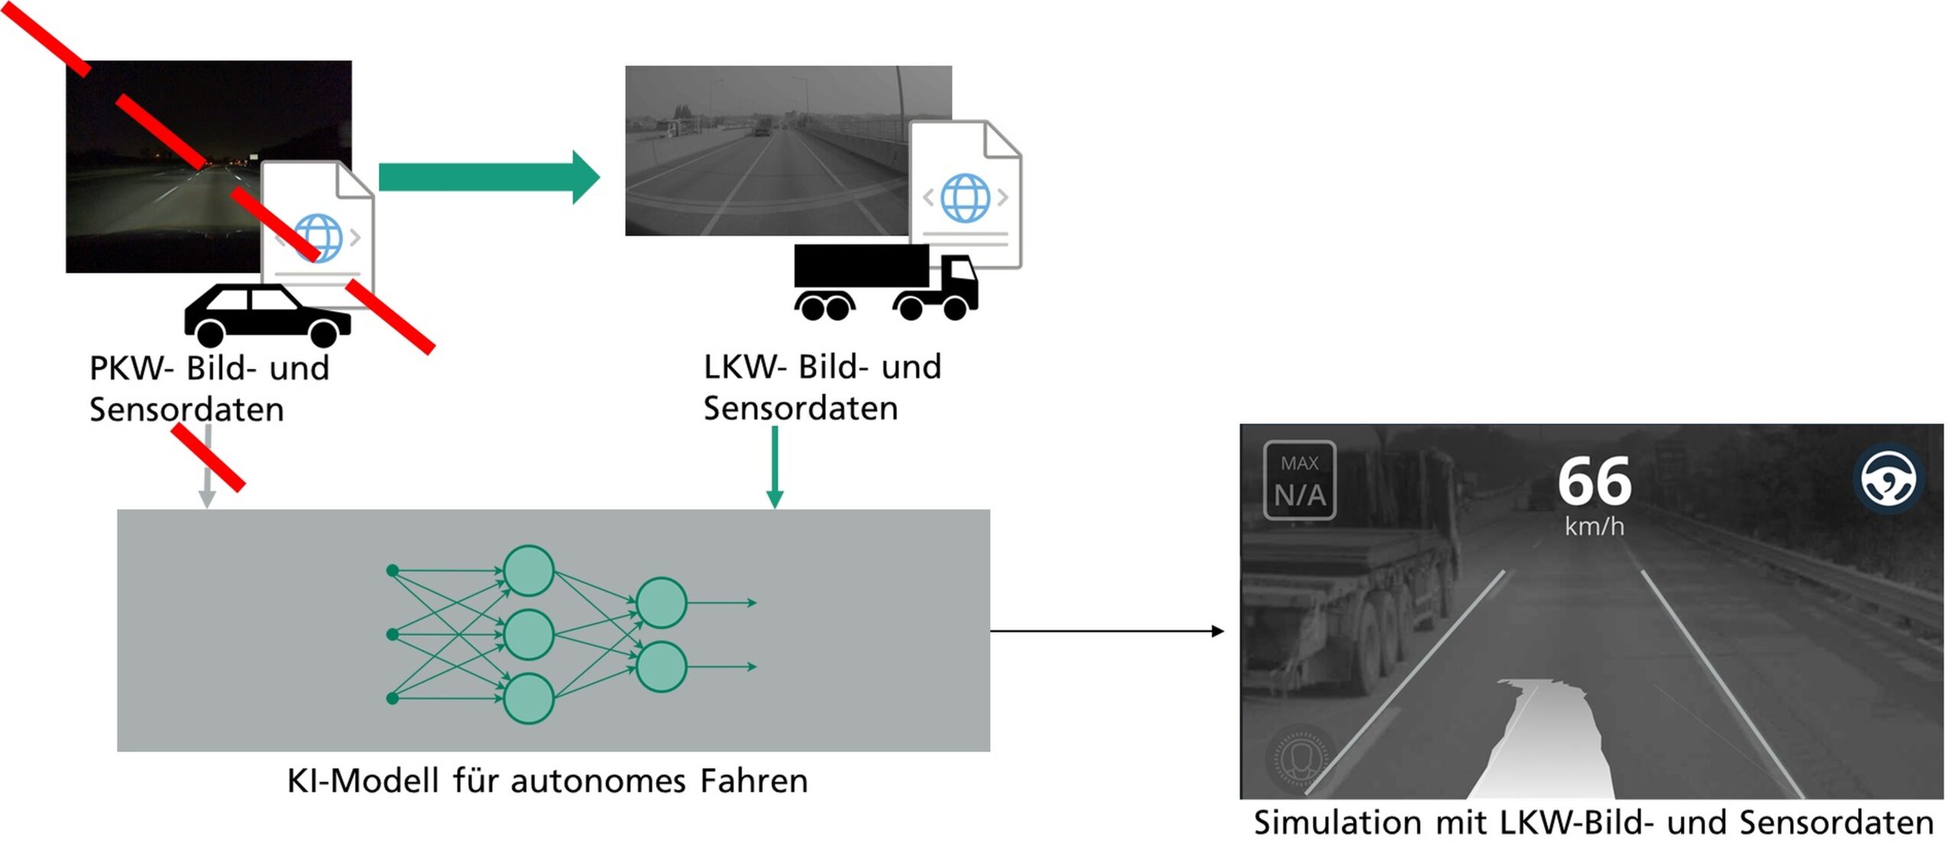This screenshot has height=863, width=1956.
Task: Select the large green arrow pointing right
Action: pos(489,177)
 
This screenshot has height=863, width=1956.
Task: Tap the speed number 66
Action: pos(1594,482)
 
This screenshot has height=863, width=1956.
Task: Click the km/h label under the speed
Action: pos(1594,527)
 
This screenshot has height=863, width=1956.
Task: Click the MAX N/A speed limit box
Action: pos(1299,480)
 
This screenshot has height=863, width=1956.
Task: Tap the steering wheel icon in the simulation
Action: pos(1888,479)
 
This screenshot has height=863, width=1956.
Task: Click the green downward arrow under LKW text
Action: pos(774,466)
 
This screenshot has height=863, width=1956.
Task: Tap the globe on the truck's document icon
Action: pos(965,197)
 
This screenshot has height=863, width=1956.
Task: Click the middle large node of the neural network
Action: pos(528,634)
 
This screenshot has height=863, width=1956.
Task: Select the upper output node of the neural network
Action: pos(661,602)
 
